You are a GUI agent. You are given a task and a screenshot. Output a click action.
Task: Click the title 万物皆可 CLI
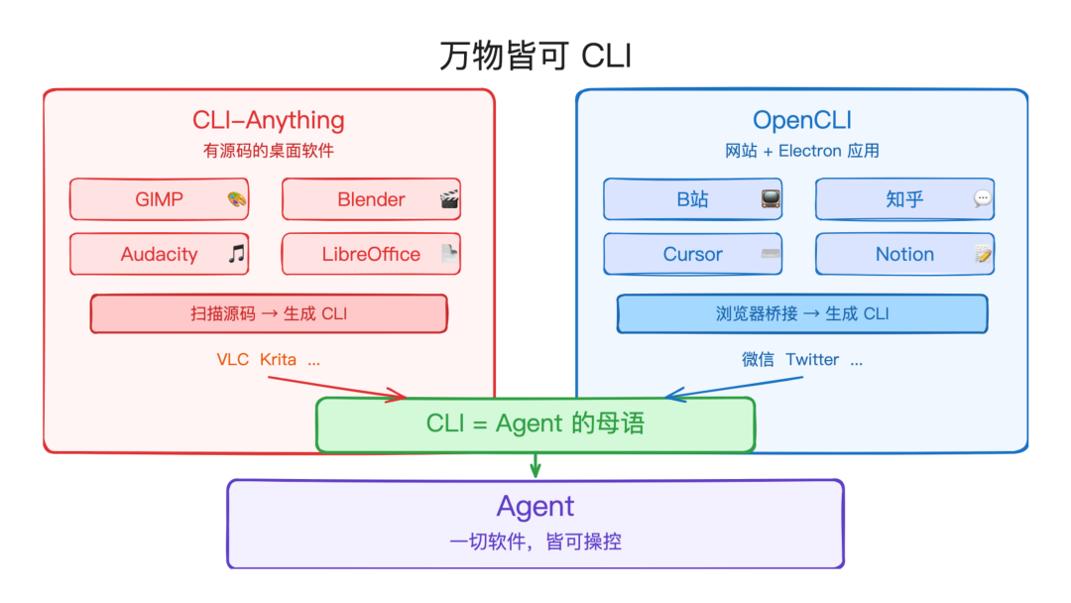click(535, 56)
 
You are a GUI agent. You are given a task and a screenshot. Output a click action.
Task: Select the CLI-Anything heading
click(269, 120)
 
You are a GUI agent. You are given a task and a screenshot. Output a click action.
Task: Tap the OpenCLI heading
click(802, 120)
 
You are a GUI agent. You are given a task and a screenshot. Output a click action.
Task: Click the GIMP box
click(159, 199)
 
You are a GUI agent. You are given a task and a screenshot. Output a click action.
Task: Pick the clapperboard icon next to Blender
click(449, 199)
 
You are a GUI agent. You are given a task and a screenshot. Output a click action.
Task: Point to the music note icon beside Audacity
click(236, 254)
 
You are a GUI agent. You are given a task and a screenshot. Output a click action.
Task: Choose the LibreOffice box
click(371, 254)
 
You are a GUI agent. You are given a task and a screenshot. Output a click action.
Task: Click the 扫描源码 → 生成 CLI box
click(269, 313)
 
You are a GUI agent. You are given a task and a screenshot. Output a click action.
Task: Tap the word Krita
click(278, 359)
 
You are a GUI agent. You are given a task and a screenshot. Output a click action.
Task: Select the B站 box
click(692, 199)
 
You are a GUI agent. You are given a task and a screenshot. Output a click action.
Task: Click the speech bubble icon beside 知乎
click(983, 198)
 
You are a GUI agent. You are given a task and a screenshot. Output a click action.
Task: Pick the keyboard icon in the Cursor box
click(771, 254)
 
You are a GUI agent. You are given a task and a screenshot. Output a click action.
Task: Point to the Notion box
click(904, 254)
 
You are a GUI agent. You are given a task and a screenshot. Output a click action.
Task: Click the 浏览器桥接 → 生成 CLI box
click(802, 313)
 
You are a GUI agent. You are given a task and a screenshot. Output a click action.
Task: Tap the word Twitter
click(812, 359)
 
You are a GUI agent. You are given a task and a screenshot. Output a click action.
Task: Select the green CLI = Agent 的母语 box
click(535, 424)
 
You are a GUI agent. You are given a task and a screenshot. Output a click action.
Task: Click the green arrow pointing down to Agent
click(535, 464)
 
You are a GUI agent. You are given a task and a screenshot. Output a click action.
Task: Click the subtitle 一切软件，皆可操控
click(535, 542)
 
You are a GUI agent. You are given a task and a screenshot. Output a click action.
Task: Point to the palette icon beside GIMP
click(236, 199)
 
